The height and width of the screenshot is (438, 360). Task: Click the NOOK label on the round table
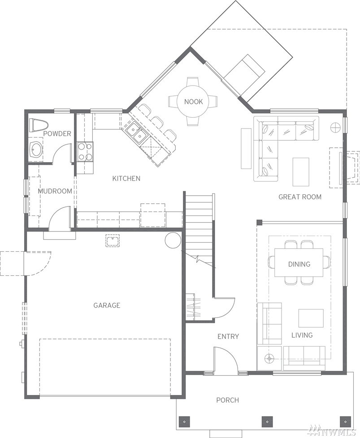[x=193, y=102]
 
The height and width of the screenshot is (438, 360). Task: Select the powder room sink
[x=36, y=150]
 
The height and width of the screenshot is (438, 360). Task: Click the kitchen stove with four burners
[x=85, y=152]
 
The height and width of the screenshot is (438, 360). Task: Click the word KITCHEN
[x=126, y=179]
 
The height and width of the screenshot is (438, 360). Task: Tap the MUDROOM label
[x=55, y=191]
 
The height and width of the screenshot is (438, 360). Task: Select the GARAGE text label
[x=107, y=305]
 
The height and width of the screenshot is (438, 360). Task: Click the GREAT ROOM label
[x=300, y=197]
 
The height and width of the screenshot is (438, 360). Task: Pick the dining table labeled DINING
[x=299, y=262]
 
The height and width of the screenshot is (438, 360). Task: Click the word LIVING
[x=302, y=335]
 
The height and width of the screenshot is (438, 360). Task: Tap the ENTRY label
[x=228, y=336]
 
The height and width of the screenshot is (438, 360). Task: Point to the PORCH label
[x=228, y=400]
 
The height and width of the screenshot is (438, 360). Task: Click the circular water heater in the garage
[x=173, y=240]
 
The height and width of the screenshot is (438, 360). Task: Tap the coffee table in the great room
[x=301, y=172]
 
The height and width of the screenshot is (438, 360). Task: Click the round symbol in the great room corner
[x=335, y=128]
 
